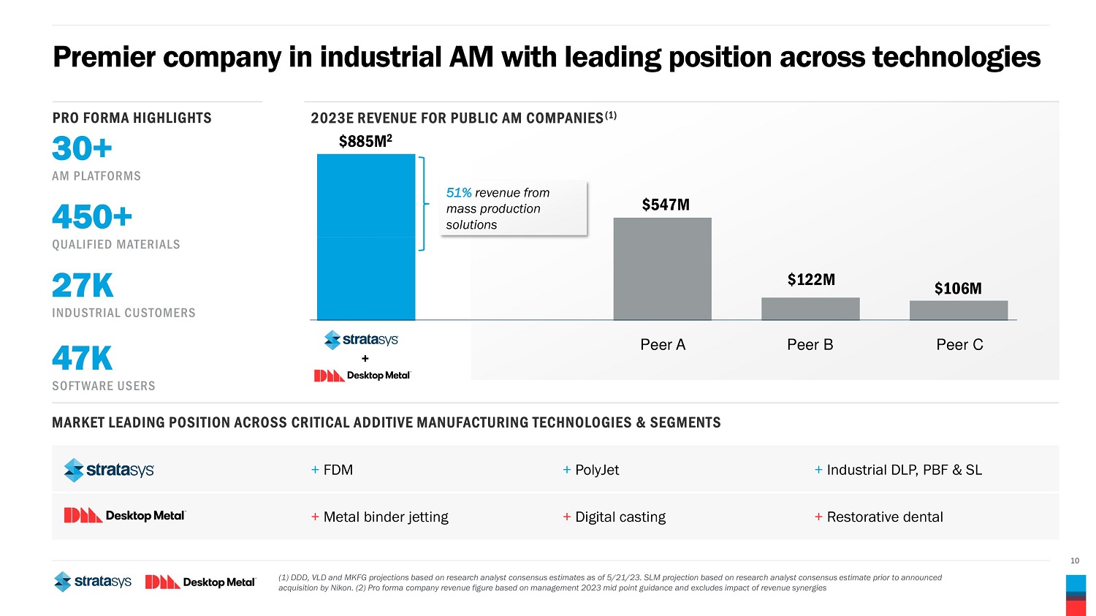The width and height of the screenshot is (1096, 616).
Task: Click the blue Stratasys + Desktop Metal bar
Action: pyautogui.click(x=366, y=237)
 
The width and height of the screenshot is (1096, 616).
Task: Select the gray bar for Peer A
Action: pyautogui.click(x=662, y=269)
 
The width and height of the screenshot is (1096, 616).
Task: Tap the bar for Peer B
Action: pyautogui.click(x=810, y=308)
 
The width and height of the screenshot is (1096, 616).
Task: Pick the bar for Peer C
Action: pyautogui.click(x=959, y=310)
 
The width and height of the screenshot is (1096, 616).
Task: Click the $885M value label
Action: pyautogui.click(x=365, y=142)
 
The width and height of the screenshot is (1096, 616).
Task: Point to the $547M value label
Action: pyautogui.click(x=666, y=205)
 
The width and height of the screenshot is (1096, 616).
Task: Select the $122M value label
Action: pyautogui.click(x=811, y=279)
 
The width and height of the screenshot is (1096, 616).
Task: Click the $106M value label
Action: pyautogui.click(x=958, y=289)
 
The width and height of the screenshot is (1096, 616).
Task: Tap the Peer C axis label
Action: pyautogui.click(x=959, y=345)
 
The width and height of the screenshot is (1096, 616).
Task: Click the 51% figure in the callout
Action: pyautogui.click(x=459, y=193)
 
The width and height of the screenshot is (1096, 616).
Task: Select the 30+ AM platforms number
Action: pyautogui.click(x=82, y=149)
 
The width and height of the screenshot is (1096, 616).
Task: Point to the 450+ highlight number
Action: pyautogui.click(x=92, y=217)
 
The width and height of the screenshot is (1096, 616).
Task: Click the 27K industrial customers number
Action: pyautogui.click(x=83, y=286)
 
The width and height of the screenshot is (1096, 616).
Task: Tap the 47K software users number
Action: pyautogui.click(x=82, y=359)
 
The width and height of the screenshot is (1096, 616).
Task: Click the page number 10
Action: pyautogui.click(x=1074, y=560)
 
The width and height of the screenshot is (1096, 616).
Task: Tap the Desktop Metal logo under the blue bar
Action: pyautogui.click(x=363, y=376)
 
